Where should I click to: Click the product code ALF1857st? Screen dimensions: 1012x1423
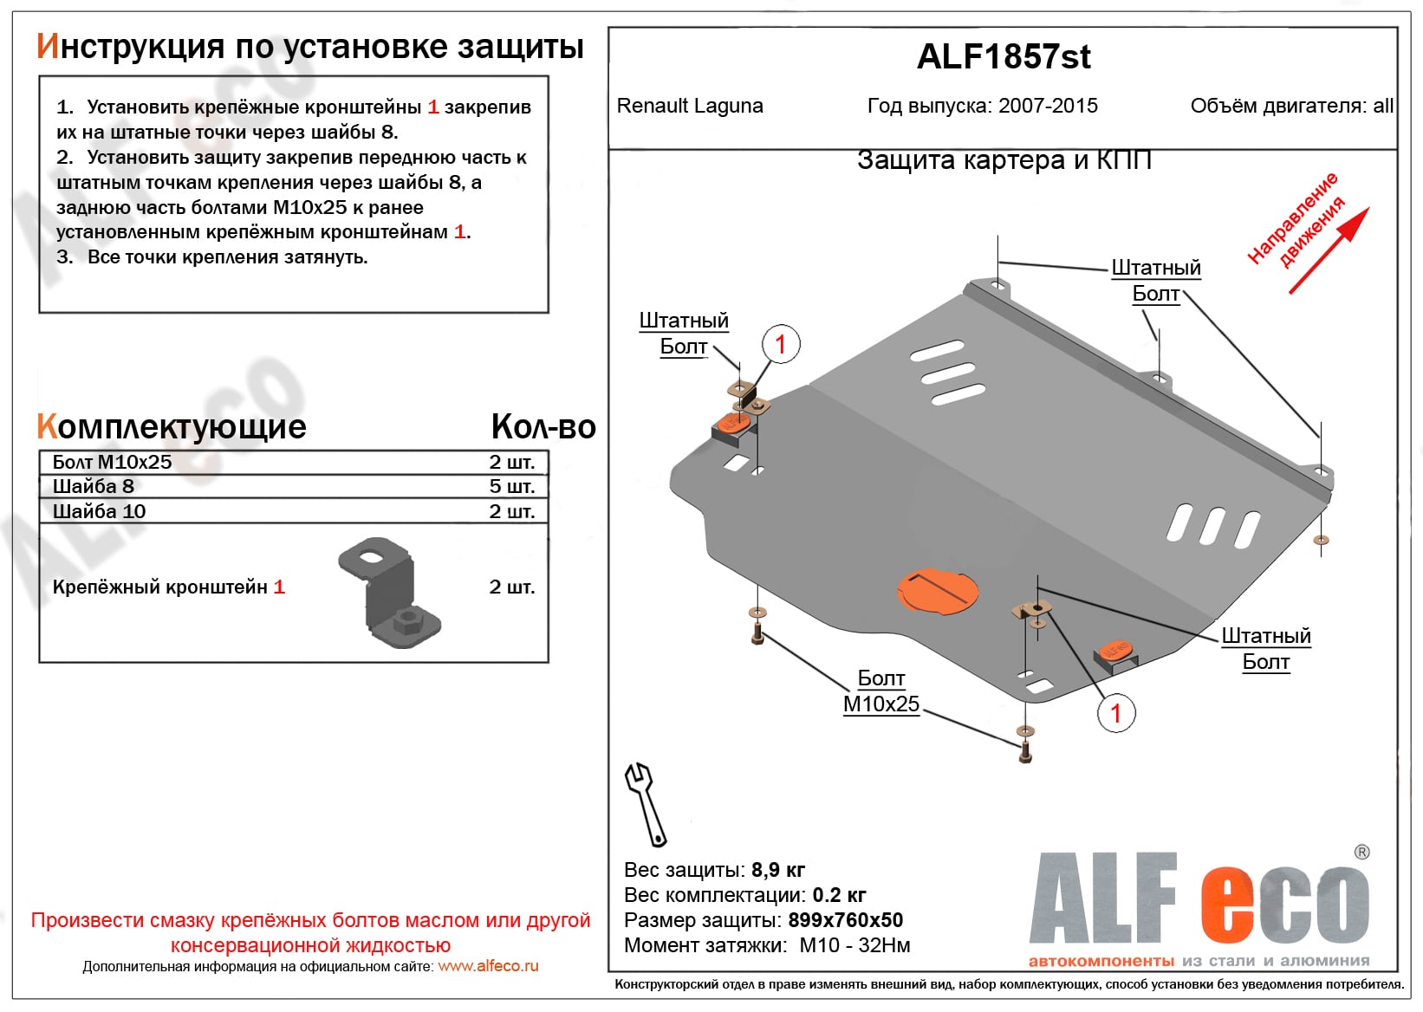point(1003,57)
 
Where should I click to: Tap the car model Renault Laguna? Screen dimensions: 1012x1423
point(690,106)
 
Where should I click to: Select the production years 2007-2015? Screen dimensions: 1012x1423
point(1048,106)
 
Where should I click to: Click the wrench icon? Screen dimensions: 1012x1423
point(646,803)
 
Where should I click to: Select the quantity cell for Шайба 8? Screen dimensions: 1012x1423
point(511,486)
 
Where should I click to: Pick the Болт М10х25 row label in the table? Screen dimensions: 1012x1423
point(112,462)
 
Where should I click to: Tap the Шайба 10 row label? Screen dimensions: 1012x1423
point(99,511)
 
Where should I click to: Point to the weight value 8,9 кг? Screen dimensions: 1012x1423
point(778,870)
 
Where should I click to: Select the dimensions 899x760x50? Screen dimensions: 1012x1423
point(845,920)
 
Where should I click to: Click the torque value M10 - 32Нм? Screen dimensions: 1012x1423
point(854,945)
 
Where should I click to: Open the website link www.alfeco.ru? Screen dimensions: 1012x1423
point(488,966)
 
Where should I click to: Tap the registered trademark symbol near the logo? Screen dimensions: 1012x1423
point(1361,853)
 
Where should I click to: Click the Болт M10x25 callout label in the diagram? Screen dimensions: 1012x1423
point(880,691)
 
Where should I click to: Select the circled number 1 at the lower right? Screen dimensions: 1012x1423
point(1116,713)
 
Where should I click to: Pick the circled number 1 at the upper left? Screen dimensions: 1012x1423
point(780,344)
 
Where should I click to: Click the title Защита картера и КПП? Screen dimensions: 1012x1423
point(1004,160)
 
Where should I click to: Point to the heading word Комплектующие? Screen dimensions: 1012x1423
point(172,426)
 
